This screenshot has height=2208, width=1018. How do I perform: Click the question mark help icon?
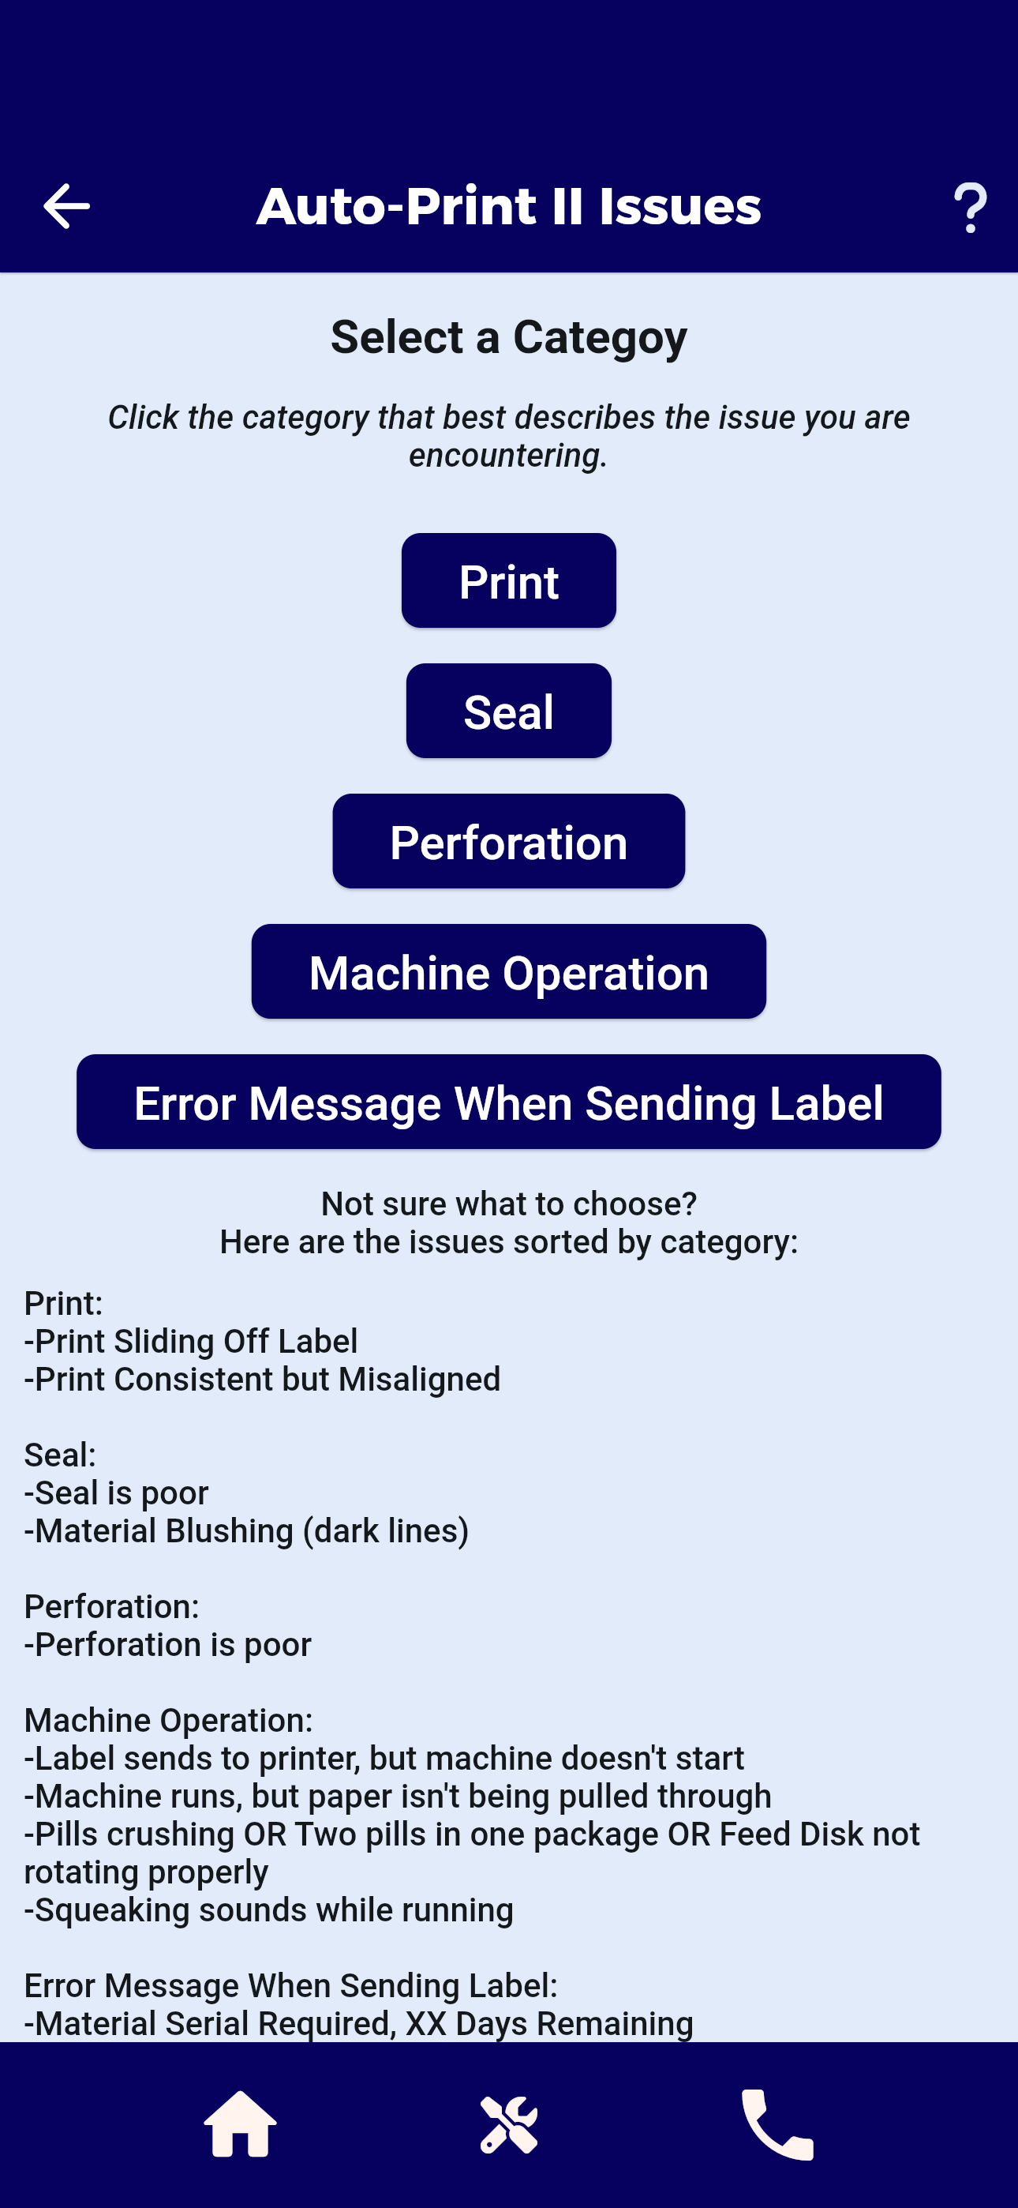pos(970,208)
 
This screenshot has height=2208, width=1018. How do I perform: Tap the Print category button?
pos(509,580)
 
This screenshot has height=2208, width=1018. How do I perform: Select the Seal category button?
pos(509,711)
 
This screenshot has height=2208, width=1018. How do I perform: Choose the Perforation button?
pos(509,841)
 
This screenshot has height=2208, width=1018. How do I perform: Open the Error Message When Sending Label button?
pos(509,1102)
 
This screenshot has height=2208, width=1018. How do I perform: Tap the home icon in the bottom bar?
pos(240,2124)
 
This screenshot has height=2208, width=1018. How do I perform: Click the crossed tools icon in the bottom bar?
pos(509,2125)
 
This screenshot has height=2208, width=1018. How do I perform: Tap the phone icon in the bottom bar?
pos(777,2125)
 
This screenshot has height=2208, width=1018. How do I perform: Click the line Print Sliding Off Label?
pos(191,1341)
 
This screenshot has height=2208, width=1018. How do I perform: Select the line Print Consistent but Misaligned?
pos(262,1378)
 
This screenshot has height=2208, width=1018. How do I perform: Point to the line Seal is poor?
pos(117,1493)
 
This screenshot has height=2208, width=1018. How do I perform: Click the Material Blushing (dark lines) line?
pos(247,1530)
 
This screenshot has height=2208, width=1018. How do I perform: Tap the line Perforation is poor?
pos(168,1644)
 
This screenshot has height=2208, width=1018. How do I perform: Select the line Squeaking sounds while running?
pos(269,1909)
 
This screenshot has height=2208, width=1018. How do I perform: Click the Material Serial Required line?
pos(359,2023)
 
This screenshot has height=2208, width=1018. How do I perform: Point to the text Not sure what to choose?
pos(509,1204)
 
